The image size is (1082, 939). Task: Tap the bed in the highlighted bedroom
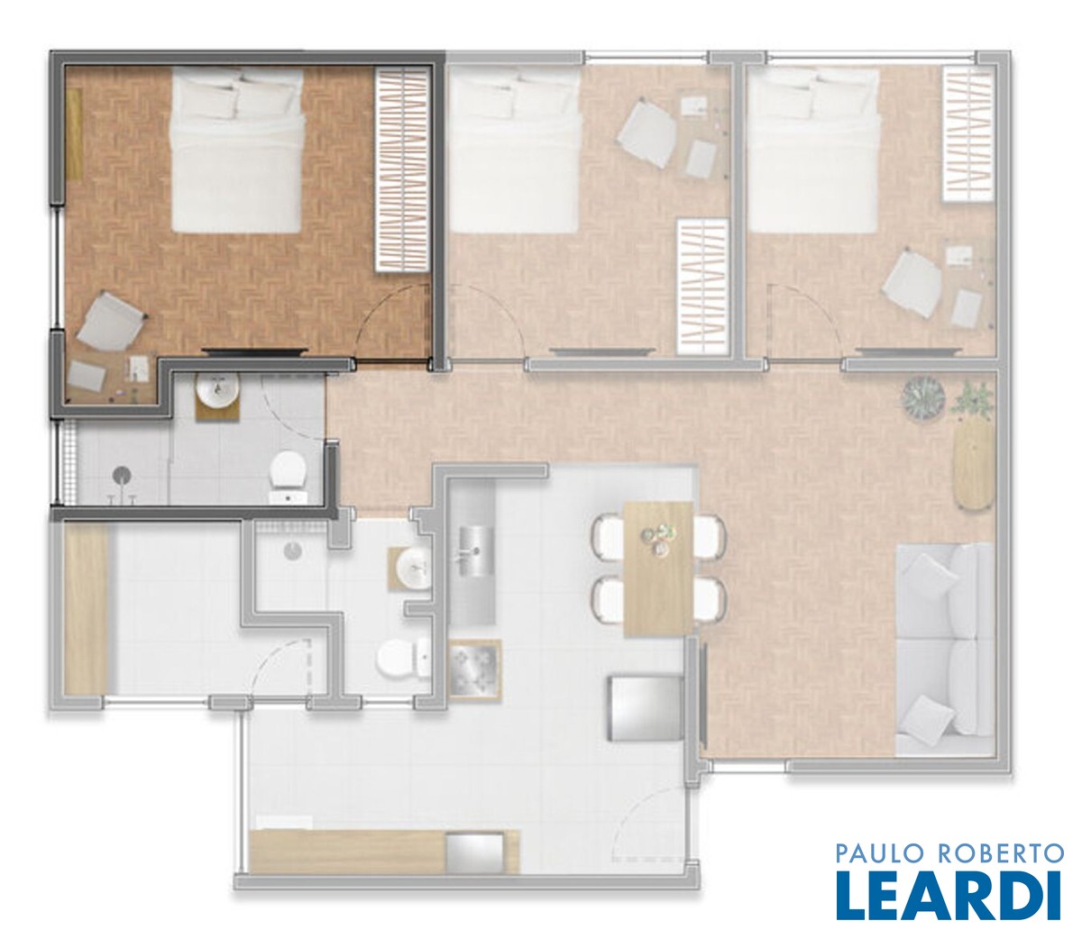pos(237,151)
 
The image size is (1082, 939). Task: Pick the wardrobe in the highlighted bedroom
pos(401,170)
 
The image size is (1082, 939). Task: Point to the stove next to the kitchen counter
pos(474,670)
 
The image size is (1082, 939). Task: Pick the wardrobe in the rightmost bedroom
pos(967,134)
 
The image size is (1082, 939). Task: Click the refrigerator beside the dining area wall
pos(645,708)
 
